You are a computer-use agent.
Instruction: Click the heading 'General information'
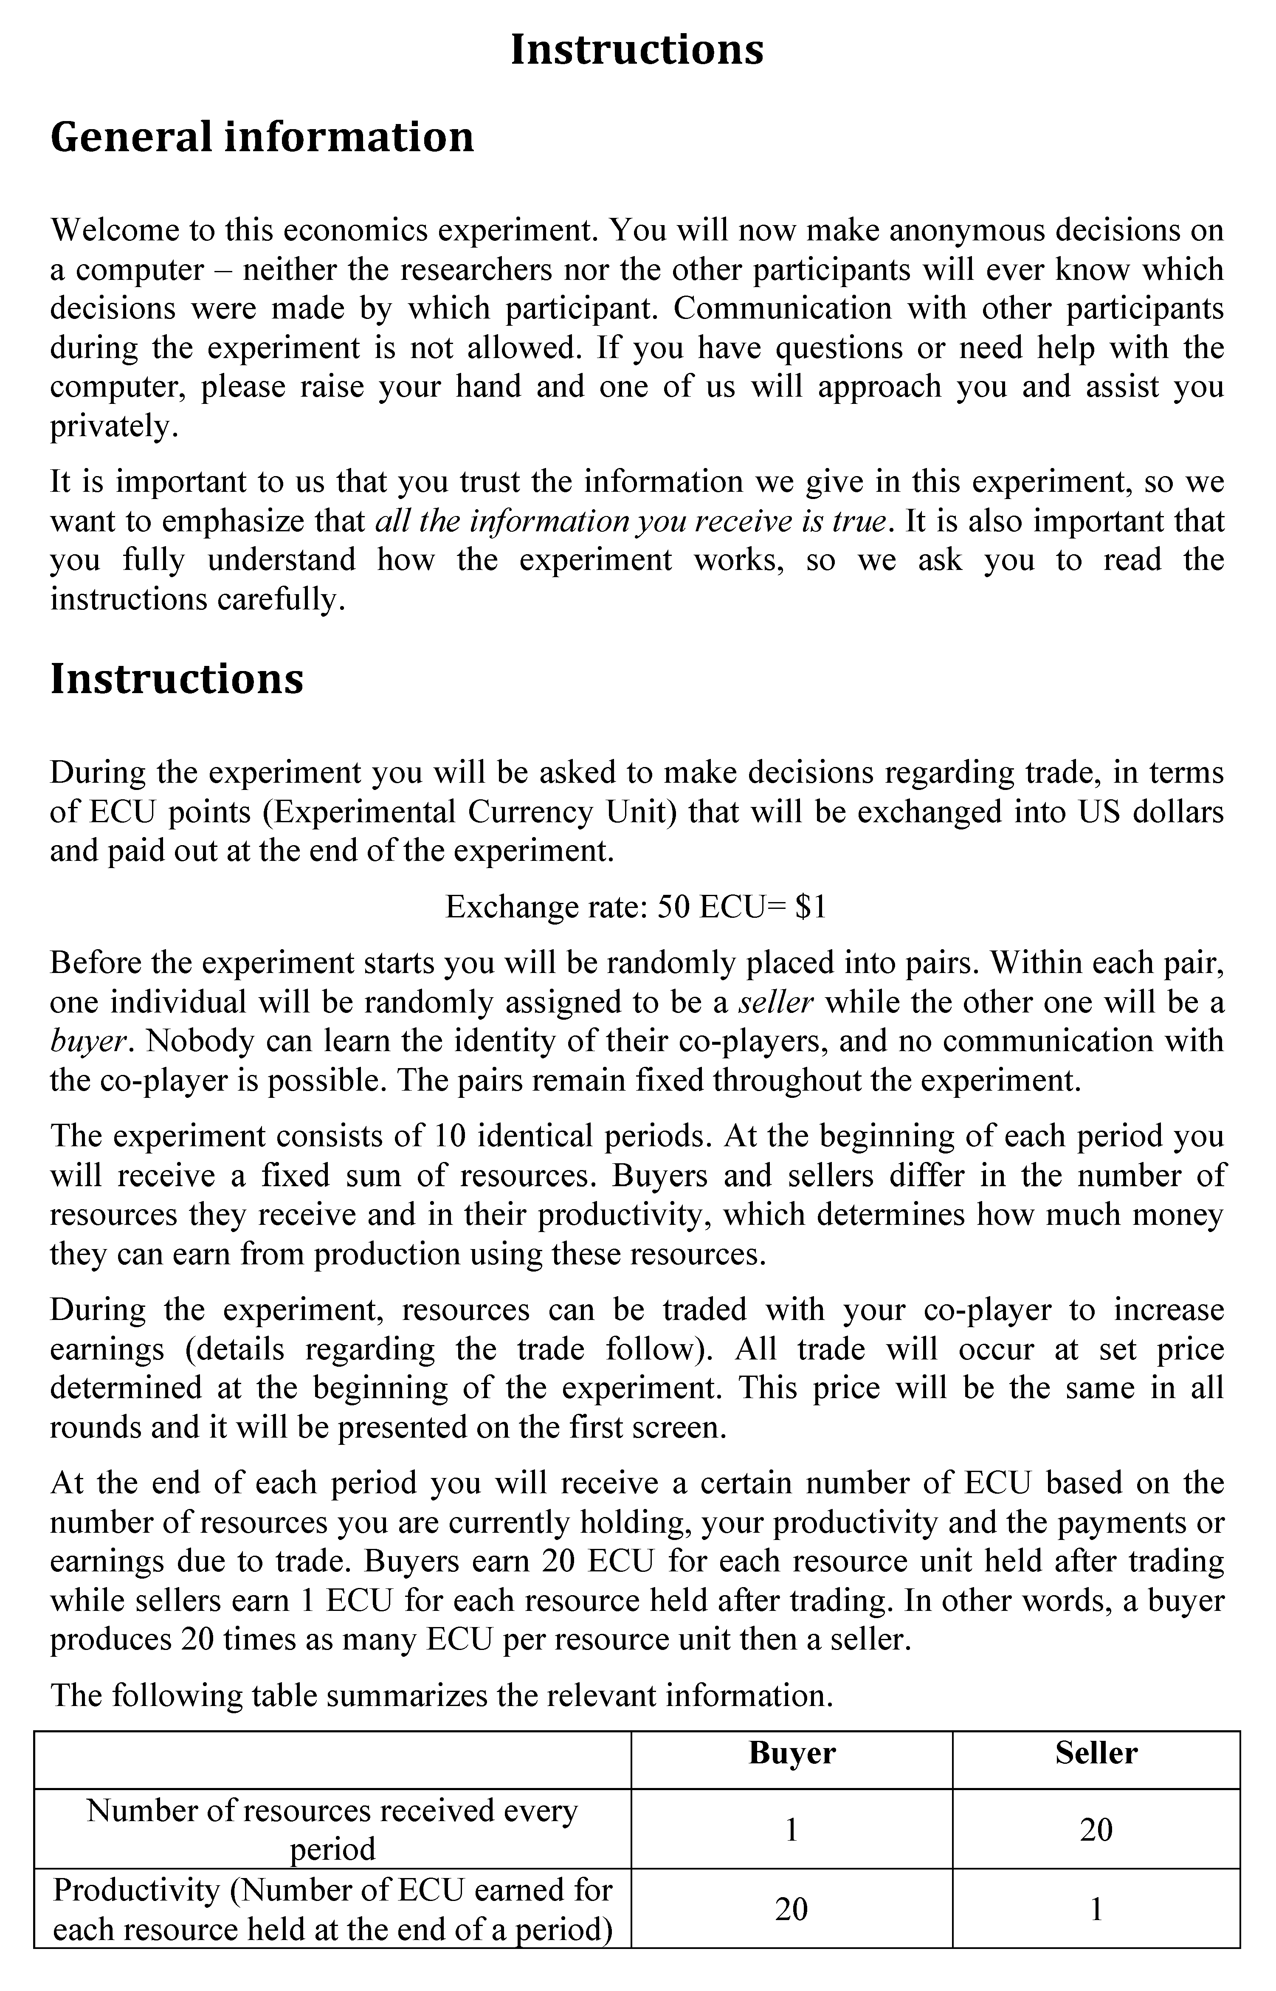click(262, 138)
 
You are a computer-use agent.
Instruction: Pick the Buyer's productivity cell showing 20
click(791, 1909)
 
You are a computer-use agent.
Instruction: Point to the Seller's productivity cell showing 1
click(1096, 1909)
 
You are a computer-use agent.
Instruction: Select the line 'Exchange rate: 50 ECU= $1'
click(636, 907)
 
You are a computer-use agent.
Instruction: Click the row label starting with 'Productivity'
click(332, 1909)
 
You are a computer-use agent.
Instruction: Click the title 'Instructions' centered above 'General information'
click(637, 50)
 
